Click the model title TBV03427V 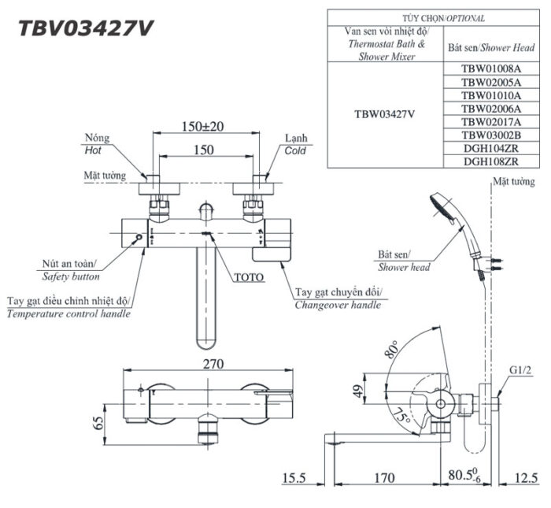86,28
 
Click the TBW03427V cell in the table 385,113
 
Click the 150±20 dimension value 203,126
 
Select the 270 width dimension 213,364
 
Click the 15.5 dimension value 294,477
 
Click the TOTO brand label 249,277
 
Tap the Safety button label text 70,277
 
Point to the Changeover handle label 338,305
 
